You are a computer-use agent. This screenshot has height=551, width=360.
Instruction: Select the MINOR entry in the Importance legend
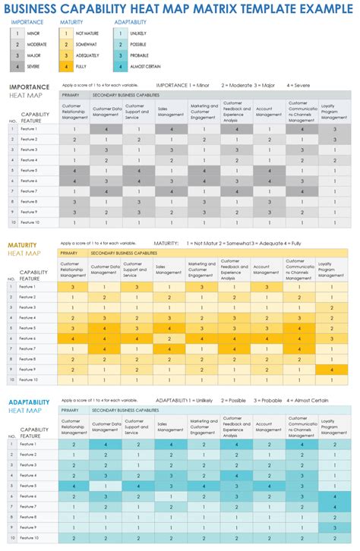pyautogui.click(x=35, y=34)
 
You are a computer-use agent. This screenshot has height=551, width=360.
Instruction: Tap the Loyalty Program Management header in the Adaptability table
pyautogui.click(x=331, y=429)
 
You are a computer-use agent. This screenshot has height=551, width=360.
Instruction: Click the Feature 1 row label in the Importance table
pyautogui.click(x=28, y=129)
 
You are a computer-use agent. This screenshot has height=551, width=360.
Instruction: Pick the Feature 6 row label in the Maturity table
pyautogui.click(x=28, y=338)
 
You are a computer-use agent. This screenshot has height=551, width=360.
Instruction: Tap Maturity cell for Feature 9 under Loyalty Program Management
pyautogui.click(x=331, y=370)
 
